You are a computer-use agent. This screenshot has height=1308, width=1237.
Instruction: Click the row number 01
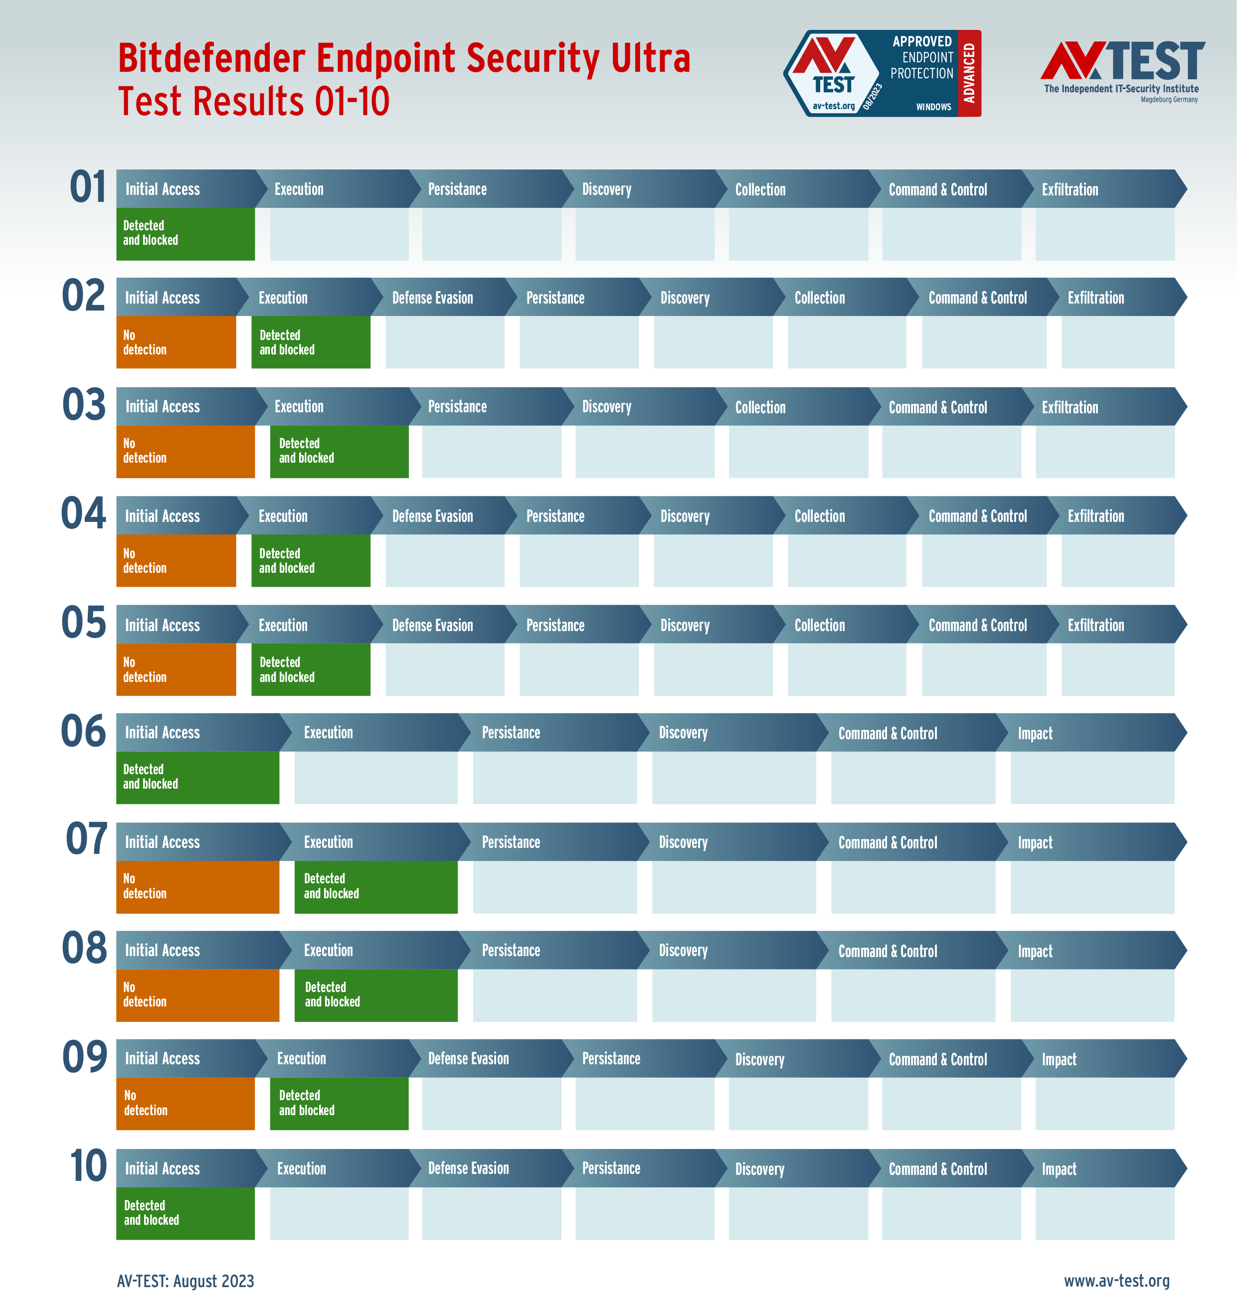pos(88,187)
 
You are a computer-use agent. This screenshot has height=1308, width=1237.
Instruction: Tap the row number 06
pos(83,731)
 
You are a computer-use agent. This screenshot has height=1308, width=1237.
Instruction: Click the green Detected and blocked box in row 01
pos(185,234)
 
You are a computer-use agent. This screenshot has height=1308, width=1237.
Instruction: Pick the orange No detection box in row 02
pos(176,342)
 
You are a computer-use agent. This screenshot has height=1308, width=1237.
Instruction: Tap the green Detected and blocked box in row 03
pos(339,451)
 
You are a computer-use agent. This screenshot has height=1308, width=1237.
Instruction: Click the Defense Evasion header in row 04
pos(433,516)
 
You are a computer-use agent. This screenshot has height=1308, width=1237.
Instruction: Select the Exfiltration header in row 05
pos(1096,625)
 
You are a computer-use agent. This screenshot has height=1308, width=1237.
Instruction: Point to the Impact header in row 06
pos(1035,733)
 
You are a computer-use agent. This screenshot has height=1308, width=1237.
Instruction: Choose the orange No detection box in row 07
pos(197,887)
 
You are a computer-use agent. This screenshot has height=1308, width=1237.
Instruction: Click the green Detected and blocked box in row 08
pos(376,995)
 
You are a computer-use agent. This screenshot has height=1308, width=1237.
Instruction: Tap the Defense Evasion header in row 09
pos(468,1059)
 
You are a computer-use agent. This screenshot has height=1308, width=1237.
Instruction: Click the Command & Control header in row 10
pos(938,1169)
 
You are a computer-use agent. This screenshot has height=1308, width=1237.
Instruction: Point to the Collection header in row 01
pos(760,190)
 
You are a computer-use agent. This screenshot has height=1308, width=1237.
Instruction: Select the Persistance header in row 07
pos(511,842)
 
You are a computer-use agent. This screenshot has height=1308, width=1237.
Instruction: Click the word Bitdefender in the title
pos(211,58)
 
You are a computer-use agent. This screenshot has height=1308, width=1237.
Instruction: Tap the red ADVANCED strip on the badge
pos(969,73)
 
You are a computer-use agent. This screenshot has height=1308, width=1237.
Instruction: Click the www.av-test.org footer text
pos(1116,1280)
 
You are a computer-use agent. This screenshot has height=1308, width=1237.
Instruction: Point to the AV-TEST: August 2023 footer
pos(185,1280)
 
